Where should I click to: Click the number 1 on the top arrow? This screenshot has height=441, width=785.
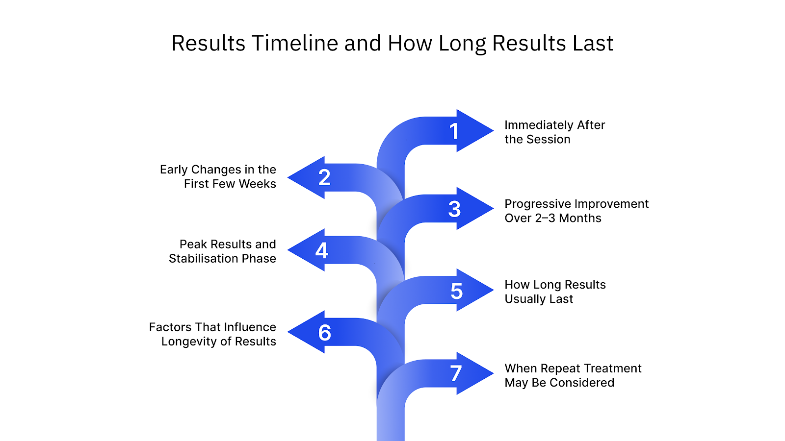[454, 131]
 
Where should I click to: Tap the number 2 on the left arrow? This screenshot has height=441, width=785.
[324, 177]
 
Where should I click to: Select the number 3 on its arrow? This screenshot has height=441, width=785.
[454, 209]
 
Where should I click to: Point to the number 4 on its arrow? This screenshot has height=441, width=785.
[322, 250]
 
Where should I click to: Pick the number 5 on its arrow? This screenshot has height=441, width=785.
[456, 291]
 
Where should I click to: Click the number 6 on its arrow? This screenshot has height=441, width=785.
[324, 333]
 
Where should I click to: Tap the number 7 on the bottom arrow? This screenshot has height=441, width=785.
[456, 373]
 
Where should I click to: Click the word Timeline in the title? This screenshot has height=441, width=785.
[295, 43]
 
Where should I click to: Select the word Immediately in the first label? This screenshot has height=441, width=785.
[539, 125]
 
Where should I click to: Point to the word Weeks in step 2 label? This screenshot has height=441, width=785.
[257, 184]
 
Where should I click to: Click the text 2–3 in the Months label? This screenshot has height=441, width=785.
[545, 218]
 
